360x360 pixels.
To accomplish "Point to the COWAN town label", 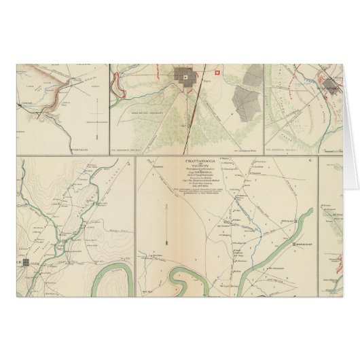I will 25,106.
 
